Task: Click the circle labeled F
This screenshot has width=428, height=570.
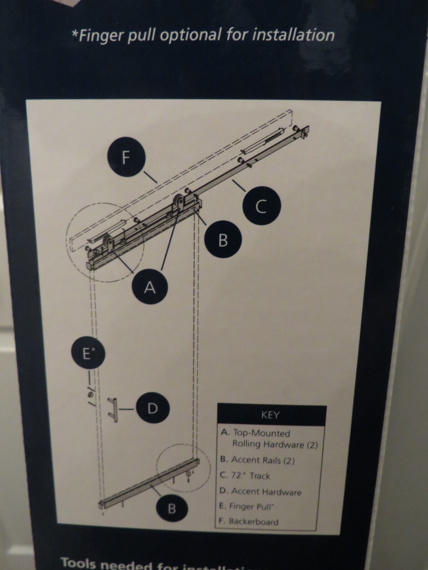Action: pos(125,157)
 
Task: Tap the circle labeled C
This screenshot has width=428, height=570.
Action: pos(261,206)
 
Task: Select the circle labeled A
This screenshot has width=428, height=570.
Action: pos(150,287)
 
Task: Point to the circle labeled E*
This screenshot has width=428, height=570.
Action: pos(88,354)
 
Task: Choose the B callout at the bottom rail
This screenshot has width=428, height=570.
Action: pos(172,509)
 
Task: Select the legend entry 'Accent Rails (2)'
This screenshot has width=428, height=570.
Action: pos(258,460)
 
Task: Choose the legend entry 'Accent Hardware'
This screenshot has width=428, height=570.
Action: pos(261,492)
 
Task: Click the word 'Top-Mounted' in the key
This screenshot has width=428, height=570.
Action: pos(261,433)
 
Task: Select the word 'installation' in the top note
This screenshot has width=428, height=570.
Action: pos(295,35)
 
